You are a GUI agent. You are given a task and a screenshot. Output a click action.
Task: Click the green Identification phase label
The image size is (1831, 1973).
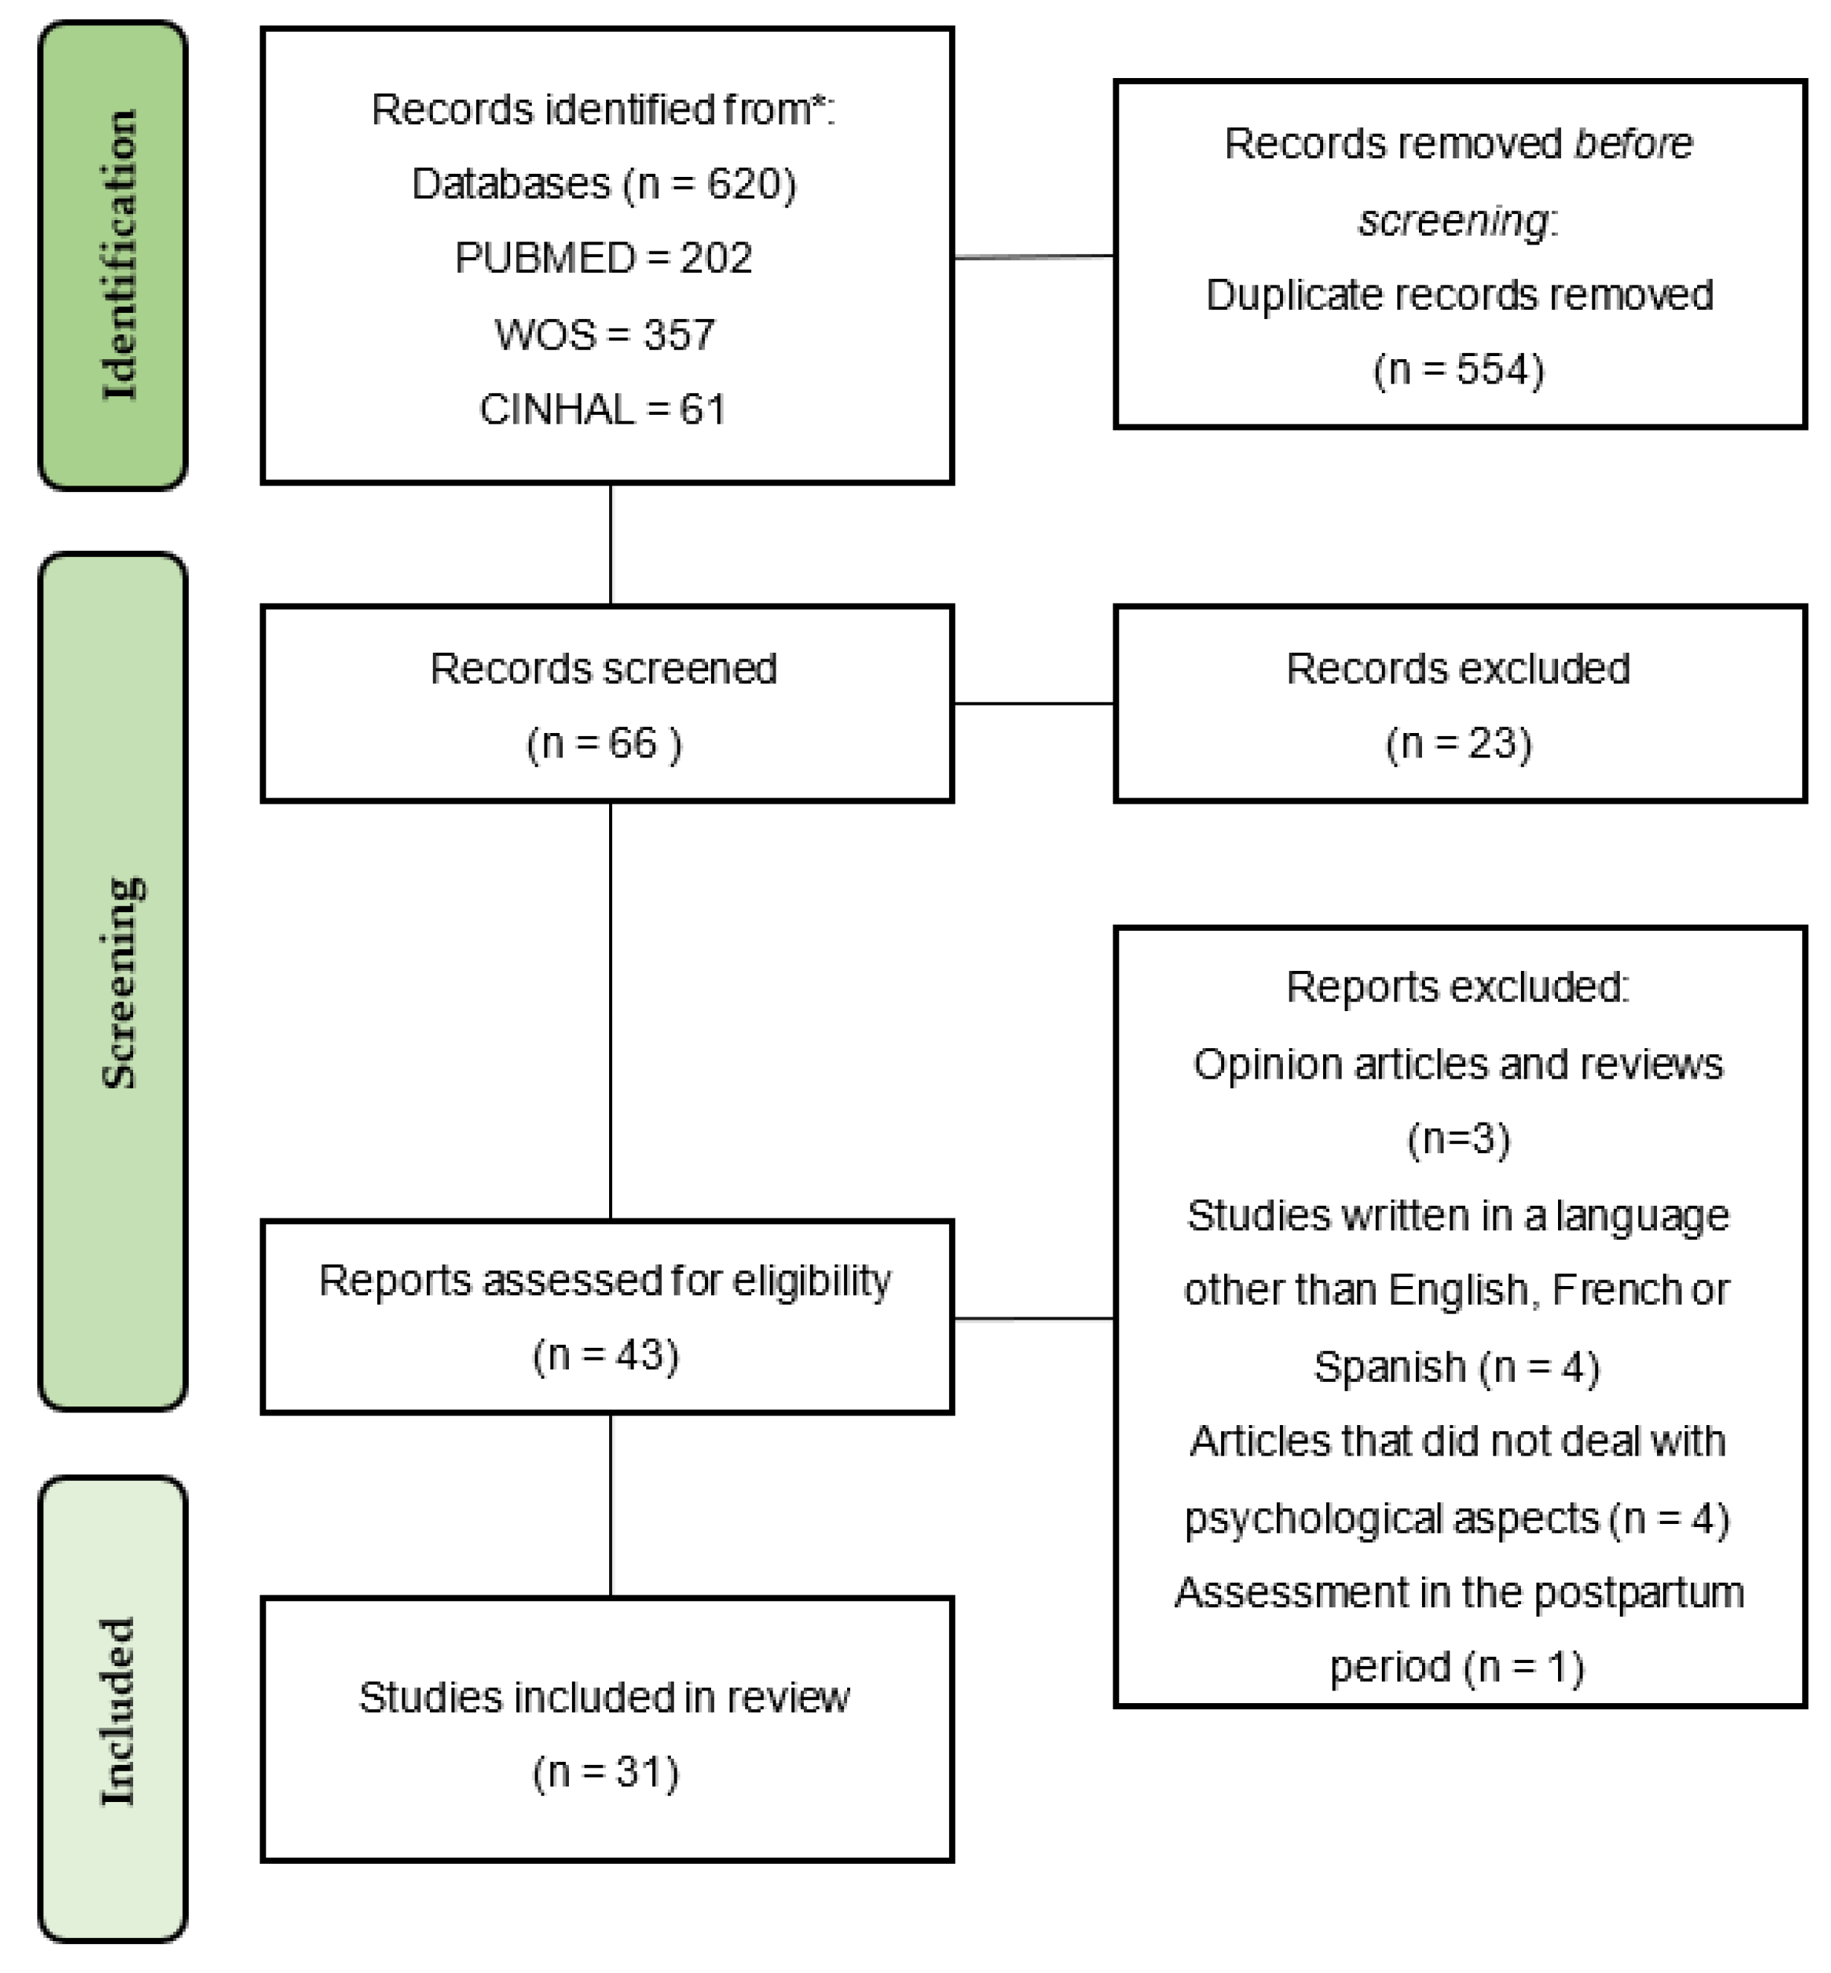pyautogui.click(x=113, y=256)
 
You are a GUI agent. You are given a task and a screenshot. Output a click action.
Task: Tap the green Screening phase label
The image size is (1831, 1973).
pyautogui.click(x=113, y=981)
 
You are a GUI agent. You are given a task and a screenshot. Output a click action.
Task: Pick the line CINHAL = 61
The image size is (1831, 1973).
pyautogui.click(x=602, y=409)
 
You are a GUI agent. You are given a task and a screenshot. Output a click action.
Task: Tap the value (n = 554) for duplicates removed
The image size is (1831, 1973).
pyautogui.click(x=1458, y=369)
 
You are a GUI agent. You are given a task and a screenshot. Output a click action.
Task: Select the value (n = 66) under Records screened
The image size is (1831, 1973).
pyautogui.click(x=603, y=743)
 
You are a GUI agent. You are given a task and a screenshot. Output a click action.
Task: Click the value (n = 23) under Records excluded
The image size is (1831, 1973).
pyautogui.click(x=1458, y=743)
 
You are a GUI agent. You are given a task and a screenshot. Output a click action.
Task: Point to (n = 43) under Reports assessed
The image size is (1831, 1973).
pyautogui.click(x=605, y=1355)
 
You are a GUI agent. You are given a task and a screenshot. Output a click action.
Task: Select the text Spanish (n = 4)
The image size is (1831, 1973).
pyautogui.click(x=1456, y=1368)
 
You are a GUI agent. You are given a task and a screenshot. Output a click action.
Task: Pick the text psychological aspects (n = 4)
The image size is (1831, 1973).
pyautogui.click(x=1456, y=1518)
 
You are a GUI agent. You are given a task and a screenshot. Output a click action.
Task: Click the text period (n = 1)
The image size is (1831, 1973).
pyautogui.click(x=1456, y=1668)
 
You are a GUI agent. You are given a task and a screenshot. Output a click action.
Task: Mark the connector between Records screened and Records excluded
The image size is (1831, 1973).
pyautogui.click(x=1034, y=703)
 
